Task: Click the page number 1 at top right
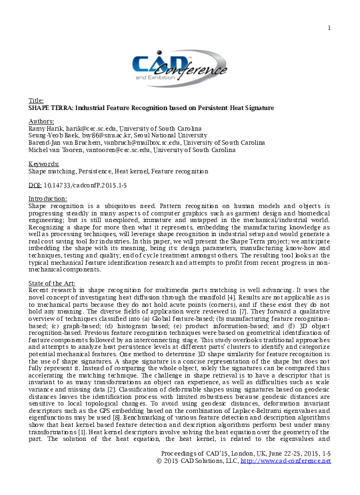point(329,27)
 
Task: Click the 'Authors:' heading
point(41,120)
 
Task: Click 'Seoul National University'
point(159,133)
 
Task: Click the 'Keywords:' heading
point(43,163)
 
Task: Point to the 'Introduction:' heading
point(47,199)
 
